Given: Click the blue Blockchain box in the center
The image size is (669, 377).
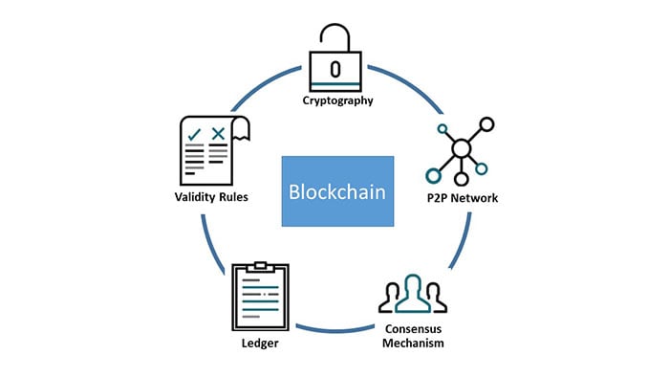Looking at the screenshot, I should (337, 190).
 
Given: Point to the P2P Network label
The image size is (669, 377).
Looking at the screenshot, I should (465, 198).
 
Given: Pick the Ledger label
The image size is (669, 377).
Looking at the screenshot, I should (260, 342).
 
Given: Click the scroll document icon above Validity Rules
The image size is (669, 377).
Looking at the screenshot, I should (212, 150).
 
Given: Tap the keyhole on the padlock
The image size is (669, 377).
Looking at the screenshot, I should (334, 69).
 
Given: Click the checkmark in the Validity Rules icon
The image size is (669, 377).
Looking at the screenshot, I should (194, 133).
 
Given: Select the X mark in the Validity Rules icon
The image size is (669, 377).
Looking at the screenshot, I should (219, 133).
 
